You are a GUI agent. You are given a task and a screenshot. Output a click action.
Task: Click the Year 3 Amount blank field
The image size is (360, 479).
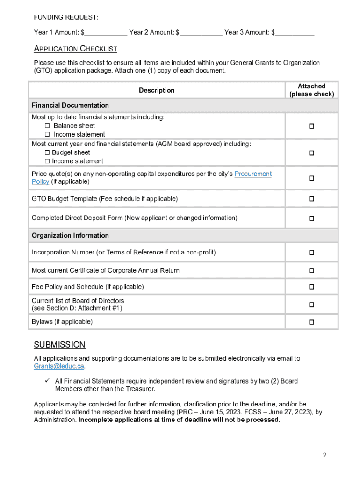pyautogui.click(x=294, y=33)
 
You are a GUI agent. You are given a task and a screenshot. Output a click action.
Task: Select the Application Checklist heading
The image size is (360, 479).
pyautogui.click(x=75, y=49)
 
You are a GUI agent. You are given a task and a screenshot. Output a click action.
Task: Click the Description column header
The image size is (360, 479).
pyautogui.click(x=157, y=90)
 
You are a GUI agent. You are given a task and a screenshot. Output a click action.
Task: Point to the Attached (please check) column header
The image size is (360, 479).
pyautogui.click(x=311, y=90)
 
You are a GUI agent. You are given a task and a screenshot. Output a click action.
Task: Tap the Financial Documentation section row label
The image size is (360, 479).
pyautogui.click(x=70, y=105)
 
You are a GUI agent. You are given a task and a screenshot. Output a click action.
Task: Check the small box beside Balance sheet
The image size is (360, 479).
pyautogui.click(x=47, y=126)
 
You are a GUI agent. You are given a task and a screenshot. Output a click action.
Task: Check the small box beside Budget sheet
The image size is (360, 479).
pyautogui.click(x=47, y=152)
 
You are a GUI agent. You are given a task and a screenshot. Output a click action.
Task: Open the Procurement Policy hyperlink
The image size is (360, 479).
pyautogui.click(x=252, y=174)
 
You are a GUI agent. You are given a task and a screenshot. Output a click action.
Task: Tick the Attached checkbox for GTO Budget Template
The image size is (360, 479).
pyautogui.click(x=311, y=199)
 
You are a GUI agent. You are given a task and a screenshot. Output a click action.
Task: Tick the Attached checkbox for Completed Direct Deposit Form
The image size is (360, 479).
pyautogui.click(x=311, y=218)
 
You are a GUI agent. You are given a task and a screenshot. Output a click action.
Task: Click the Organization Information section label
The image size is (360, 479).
pyautogui.click(x=70, y=235)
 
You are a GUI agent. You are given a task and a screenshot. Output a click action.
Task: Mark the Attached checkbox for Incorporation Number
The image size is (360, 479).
pyautogui.click(x=311, y=253)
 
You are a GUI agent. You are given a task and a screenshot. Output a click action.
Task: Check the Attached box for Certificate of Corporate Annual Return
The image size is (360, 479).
pyautogui.click(x=311, y=271)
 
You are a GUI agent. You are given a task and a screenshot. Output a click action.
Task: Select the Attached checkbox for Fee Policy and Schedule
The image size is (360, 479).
pyautogui.click(x=311, y=287)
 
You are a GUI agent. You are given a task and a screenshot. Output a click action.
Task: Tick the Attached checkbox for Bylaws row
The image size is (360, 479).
pyautogui.click(x=311, y=322)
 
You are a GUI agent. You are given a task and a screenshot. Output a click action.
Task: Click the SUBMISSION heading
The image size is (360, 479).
pyautogui.click(x=59, y=345)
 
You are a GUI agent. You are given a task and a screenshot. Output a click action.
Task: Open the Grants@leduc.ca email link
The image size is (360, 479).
pyautogui.click(x=59, y=366)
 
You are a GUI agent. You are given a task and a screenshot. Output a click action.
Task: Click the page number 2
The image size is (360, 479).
pyautogui.click(x=324, y=455)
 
